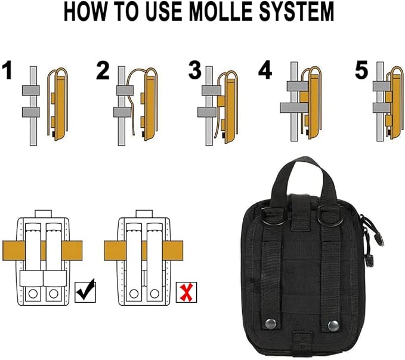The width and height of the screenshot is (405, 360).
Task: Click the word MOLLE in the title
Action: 222,11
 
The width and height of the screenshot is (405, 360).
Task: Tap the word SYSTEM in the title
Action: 297,11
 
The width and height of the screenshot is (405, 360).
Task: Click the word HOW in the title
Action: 85,11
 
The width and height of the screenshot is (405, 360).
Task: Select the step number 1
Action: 8,70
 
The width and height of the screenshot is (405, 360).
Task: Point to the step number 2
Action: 103,70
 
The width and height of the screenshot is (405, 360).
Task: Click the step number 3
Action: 194,70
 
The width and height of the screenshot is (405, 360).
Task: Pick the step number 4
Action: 265,70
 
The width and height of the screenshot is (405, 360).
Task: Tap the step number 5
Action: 361,70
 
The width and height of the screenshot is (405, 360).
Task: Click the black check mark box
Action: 85,292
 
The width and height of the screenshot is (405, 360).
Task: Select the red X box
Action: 187,293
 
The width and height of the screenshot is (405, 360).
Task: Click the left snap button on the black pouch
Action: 270,322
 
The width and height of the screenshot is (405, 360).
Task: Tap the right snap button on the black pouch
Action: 333,325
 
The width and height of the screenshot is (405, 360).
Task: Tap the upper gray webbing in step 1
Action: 31,90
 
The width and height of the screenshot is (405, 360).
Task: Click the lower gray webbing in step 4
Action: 295,107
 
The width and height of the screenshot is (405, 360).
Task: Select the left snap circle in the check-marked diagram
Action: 33,294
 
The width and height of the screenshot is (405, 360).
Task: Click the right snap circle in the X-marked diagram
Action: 154,294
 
